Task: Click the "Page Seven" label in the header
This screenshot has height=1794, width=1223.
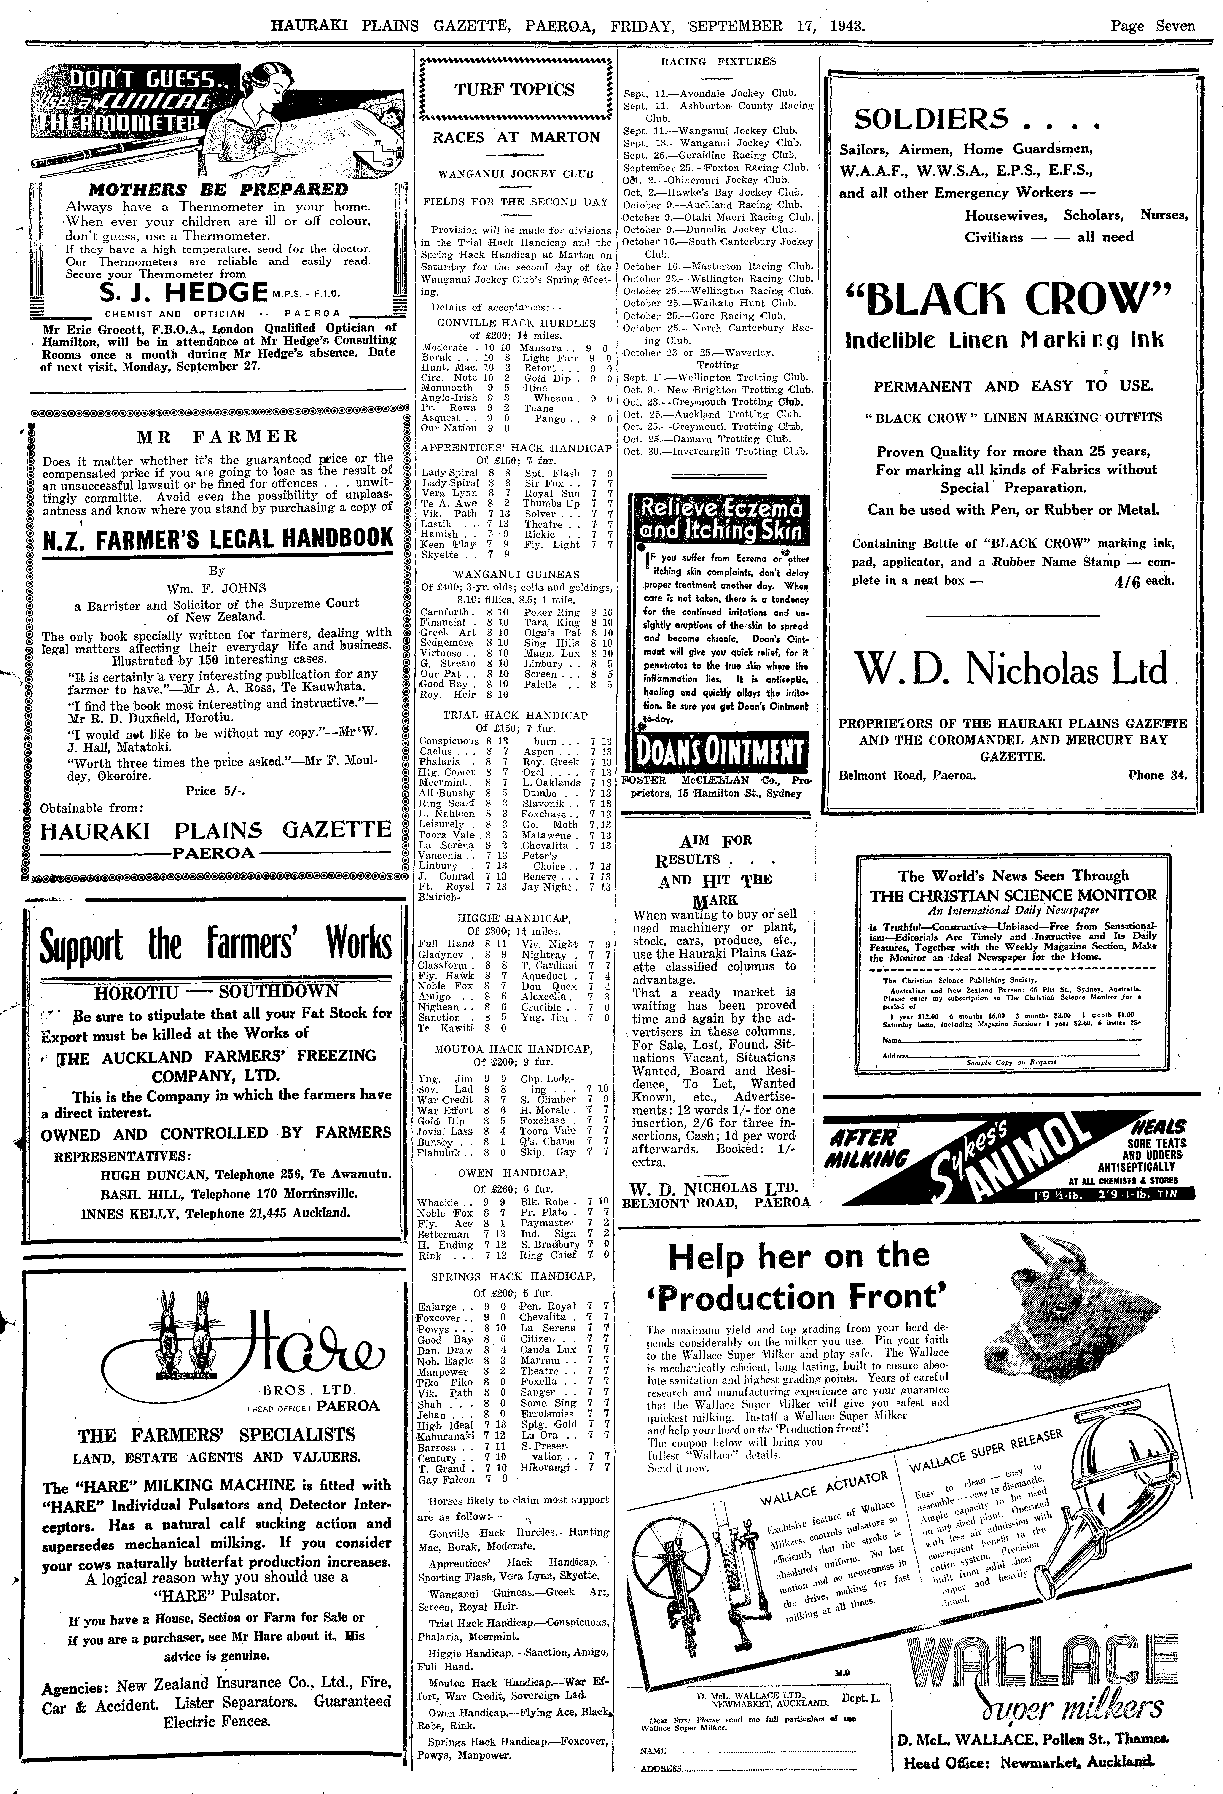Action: coord(1152,25)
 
